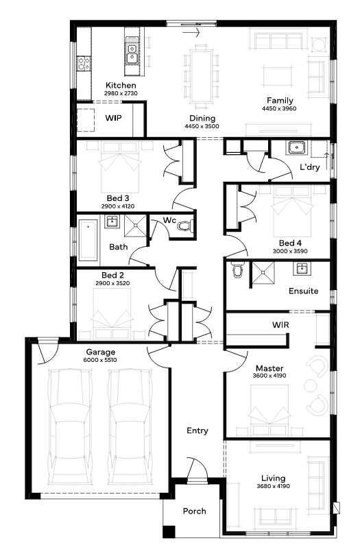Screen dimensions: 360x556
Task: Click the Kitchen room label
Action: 121,85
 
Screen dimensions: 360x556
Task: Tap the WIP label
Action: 113,118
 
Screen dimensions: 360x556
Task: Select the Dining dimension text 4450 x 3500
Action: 202,126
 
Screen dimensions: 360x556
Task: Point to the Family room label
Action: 280,100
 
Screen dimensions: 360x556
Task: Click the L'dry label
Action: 310,167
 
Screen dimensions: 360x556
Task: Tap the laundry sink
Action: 296,147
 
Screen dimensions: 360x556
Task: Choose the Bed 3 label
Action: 118,198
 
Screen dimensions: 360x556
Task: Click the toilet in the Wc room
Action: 184,226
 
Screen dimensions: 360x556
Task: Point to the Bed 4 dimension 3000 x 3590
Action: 290,251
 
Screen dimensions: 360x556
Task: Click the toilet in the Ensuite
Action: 237,270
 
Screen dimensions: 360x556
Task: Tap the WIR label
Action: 280,324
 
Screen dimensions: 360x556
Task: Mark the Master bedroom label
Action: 269,368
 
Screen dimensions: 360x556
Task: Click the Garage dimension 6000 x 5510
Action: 100,360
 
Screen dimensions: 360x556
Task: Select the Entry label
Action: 197,431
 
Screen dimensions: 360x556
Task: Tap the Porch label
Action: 194,511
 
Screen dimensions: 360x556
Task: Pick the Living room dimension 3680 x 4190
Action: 273,486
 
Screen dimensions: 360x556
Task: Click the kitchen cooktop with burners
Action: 84,64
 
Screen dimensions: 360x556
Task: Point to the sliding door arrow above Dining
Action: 191,33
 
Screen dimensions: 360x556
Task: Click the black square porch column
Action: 169,531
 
